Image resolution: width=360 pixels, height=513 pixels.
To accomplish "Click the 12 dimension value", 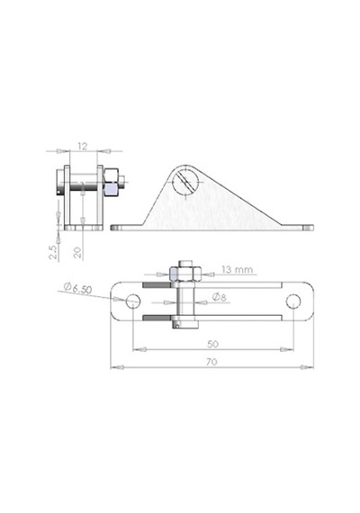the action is click(x=83, y=146).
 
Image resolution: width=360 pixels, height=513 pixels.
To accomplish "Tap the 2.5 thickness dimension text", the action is click(x=53, y=252).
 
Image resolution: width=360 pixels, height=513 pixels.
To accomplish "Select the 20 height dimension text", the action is click(x=77, y=253).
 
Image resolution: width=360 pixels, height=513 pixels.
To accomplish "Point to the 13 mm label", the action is click(x=238, y=270).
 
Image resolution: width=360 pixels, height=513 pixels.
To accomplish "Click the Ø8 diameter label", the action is click(x=220, y=297).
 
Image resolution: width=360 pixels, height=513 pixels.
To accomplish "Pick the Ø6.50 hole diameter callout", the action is click(x=78, y=288).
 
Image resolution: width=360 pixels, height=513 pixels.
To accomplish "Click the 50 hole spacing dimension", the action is click(x=212, y=344).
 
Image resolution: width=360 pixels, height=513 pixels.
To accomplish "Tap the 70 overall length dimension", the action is click(x=211, y=362).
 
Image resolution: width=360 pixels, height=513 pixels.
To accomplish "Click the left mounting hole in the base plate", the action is click(x=133, y=301).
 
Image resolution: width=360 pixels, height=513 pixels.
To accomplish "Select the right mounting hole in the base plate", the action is click(x=293, y=301).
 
